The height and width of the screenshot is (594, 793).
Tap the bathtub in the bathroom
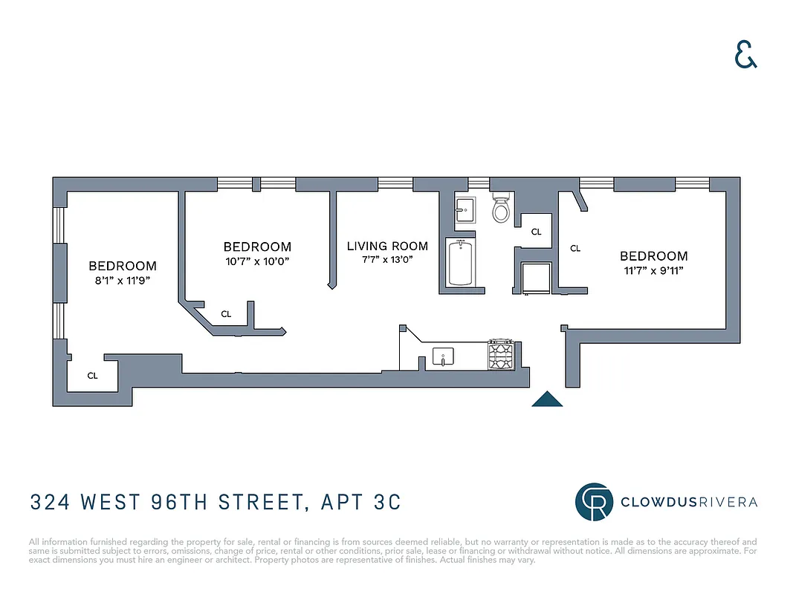(461, 263)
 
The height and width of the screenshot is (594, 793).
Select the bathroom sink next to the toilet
(465, 210)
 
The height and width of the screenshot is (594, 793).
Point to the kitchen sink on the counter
(443, 357)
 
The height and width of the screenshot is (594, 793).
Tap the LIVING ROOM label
(387, 246)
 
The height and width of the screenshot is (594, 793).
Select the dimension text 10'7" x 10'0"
(257, 261)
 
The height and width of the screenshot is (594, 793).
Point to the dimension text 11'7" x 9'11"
(654, 270)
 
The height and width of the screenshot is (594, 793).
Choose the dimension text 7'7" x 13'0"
(387, 259)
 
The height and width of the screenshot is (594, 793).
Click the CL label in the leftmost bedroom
(92, 376)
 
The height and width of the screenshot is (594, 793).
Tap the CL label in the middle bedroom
(226, 314)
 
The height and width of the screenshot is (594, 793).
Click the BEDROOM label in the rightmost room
(654, 256)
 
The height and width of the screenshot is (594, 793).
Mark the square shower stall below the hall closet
(537, 278)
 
